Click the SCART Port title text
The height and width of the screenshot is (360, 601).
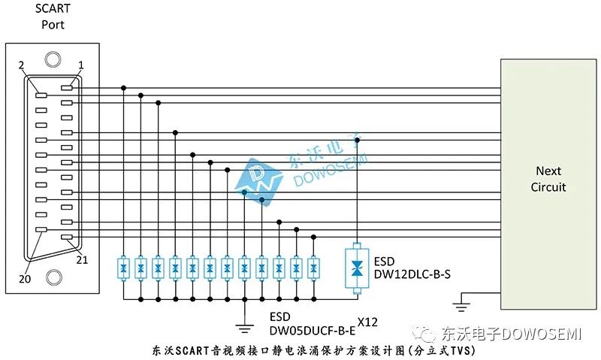(53, 17)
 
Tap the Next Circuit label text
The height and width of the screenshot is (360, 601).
(548, 179)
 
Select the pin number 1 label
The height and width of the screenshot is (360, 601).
(80, 65)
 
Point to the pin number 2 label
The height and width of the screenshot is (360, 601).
(22, 65)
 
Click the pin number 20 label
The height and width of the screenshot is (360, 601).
(25, 279)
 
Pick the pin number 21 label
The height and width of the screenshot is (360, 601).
(82, 260)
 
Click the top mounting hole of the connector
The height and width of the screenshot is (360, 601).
(53, 59)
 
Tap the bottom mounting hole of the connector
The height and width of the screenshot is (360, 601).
(53, 277)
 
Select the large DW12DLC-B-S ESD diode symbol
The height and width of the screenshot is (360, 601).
(357, 268)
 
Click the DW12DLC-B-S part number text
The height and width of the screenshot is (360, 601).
(412, 274)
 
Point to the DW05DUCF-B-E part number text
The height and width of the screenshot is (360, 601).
(313, 331)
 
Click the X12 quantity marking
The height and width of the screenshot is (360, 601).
(367, 322)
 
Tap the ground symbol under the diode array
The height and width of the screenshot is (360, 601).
(245, 328)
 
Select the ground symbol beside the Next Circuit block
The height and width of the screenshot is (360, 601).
(461, 307)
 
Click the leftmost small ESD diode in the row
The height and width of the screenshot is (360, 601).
(123, 268)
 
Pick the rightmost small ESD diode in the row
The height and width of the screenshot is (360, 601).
(313, 268)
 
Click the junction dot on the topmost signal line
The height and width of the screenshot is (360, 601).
(123, 88)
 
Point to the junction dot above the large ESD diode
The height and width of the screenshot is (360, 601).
(357, 140)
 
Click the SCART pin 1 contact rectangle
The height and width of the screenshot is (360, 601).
(67, 88)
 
